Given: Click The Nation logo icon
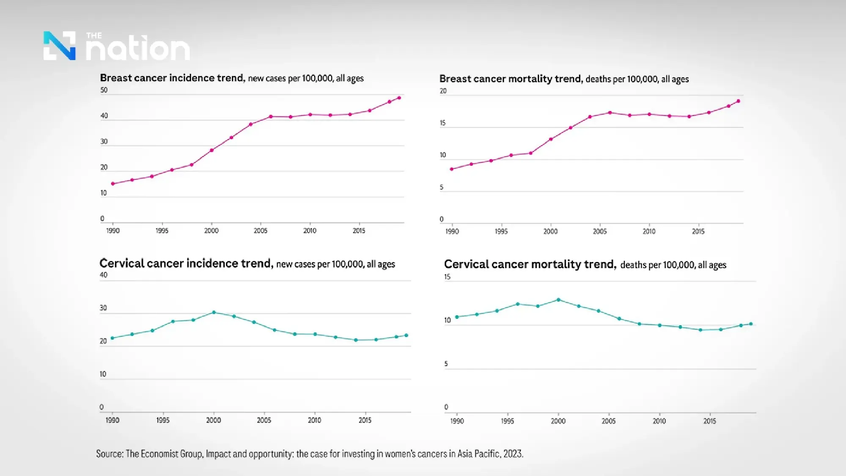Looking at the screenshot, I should (x=59, y=46).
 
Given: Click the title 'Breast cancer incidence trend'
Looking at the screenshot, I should (x=172, y=78).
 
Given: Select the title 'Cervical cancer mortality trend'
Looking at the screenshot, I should (x=530, y=264).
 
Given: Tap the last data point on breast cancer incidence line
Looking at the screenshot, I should (x=399, y=98).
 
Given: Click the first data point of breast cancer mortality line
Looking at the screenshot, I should (x=452, y=169).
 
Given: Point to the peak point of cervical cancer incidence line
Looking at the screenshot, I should (x=214, y=312).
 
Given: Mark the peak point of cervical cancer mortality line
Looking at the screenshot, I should (x=558, y=300).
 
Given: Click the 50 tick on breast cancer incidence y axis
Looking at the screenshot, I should (x=104, y=90).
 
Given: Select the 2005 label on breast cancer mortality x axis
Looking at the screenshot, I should (x=599, y=231).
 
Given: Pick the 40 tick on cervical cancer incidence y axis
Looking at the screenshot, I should (x=103, y=275).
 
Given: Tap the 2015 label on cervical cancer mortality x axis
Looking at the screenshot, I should (x=709, y=421).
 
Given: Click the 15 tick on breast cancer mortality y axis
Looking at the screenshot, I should (x=442, y=123).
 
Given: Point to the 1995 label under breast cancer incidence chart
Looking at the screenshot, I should (x=162, y=231).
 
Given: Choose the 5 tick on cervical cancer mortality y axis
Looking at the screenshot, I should (x=446, y=364).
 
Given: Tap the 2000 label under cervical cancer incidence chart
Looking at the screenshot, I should (x=213, y=420).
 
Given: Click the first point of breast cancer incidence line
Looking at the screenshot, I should (x=113, y=184).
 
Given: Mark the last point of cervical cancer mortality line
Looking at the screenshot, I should (x=751, y=324).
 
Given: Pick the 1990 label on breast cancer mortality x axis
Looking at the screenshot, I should (x=452, y=231).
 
